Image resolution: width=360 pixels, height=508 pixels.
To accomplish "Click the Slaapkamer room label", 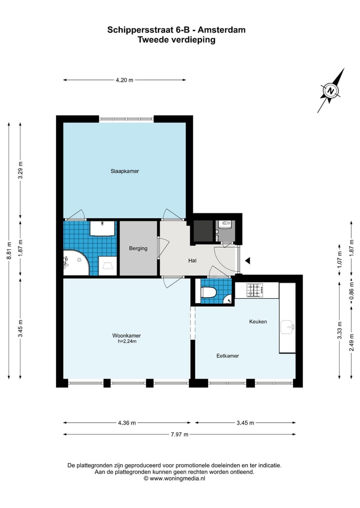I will point(124,171).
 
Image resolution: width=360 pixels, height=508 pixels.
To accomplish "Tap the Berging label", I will point(138,248).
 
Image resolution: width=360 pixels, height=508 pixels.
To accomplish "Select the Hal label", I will point(192,261).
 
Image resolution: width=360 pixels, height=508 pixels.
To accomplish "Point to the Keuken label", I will point(258,322).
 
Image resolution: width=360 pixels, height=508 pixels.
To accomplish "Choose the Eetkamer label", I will point(227,356).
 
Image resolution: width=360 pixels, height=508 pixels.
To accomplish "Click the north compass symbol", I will point(331,91).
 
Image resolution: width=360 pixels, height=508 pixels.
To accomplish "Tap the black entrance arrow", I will point(247,260).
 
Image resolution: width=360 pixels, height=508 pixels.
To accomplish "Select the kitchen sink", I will point(287,328).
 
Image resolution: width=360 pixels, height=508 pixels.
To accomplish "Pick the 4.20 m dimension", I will point(124,80).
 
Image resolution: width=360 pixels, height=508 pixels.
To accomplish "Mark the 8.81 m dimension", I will point(8,252).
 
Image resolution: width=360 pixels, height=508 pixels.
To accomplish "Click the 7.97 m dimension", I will point(179,435).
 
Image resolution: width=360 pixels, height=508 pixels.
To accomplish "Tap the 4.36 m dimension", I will point(126,423).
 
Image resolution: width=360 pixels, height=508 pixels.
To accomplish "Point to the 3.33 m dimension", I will point(339,331).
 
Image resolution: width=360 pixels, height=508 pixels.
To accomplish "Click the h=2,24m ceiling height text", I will point(126,342).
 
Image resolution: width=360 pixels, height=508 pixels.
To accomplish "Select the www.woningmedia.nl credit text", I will point(174,478).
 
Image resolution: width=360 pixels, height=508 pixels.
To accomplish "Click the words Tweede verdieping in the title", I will point(176,40).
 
